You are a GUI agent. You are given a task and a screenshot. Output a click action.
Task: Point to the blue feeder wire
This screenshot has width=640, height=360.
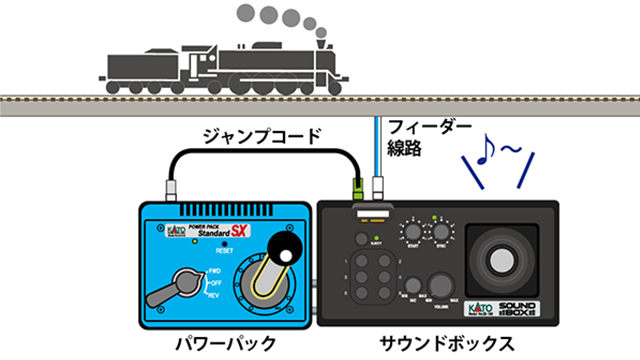(377, 140)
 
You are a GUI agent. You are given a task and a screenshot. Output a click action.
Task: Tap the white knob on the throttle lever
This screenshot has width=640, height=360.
(283, 255)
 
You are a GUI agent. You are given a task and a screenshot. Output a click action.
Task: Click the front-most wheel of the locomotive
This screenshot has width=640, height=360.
(321, 82)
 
